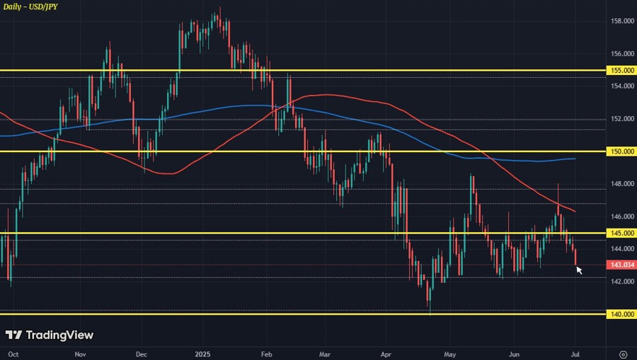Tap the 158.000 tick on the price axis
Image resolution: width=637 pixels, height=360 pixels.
point(622,21)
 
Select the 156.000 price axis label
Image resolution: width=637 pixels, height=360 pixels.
point(622,54)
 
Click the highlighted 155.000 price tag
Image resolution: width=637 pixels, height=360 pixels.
point(621,71)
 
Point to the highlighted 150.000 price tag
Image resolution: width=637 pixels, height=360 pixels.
point(621,151)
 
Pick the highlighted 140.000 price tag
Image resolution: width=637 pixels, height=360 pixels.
point(621,314)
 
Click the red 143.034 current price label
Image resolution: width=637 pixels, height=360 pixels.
point(621,265)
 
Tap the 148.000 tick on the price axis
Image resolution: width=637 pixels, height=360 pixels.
point(622,184)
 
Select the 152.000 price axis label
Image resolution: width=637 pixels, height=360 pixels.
point(622,119)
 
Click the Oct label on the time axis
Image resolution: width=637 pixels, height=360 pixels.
point(13,353)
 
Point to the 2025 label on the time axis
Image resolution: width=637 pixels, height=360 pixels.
point(203,353)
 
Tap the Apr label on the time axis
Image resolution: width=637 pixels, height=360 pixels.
point(386,353)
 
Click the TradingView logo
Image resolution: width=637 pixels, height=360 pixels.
point(49,335)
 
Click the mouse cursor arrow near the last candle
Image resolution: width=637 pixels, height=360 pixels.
point(579,269)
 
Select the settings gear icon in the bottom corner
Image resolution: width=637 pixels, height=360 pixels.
point(623,353)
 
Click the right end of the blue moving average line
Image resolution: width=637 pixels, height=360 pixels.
point(575,159)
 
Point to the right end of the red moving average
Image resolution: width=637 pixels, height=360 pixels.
point(574,211)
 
